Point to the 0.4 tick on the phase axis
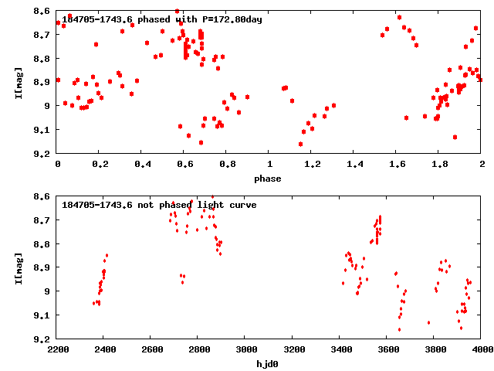point(142,165)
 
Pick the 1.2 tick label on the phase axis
point(312,165)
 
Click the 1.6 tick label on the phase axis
point(397,165)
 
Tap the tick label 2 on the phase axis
point(482,165)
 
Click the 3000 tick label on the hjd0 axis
point(245,350)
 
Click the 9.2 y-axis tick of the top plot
point(43,154)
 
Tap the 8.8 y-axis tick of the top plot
point(43,59)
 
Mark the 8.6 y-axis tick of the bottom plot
point(43,196)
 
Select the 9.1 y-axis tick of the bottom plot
point(43,315)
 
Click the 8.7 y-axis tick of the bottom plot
point(43,220)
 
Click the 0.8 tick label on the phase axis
point(227,165)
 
